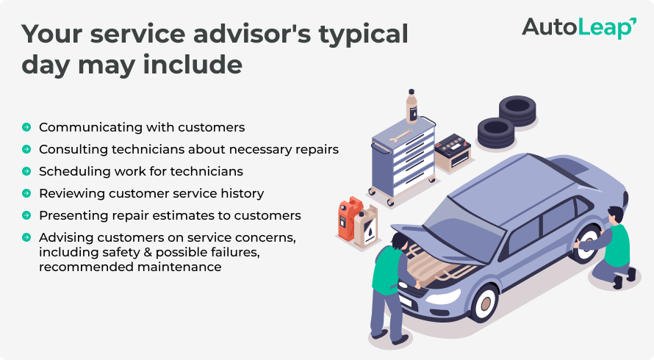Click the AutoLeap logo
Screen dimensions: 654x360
click(x=579, y=29)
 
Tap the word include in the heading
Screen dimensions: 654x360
click(x=193, y=65)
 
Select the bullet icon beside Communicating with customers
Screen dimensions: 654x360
click(x=26, y=127)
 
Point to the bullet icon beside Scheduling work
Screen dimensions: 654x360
click(x=26, y=171)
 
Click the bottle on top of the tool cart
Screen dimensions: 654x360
click(x=412, y=106)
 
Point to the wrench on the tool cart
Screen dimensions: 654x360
click(x=400, y=135)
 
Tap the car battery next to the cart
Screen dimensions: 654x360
click(x=453, y=152)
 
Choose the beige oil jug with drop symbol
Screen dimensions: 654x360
click(x=366, y=226)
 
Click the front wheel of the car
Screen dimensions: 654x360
click(x=485, y=303)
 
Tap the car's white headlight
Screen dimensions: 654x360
click(x=442, y=297)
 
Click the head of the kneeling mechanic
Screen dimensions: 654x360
click(x=615, y=215)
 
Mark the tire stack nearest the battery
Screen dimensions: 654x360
click(x=496, y=133)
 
